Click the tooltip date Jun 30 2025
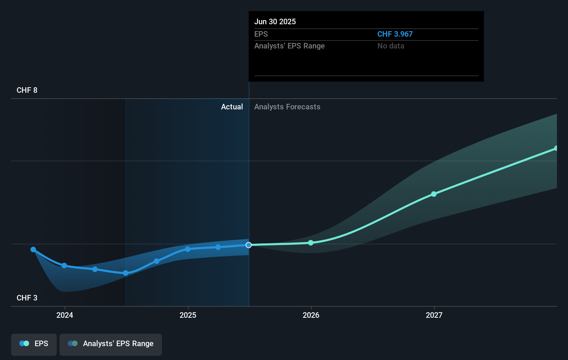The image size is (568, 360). click(x=275, y=21)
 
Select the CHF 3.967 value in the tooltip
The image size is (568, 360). click(x=395, y=34)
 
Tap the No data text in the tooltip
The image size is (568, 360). click(x=391, y=46)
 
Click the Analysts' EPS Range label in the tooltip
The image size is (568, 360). click(x=289, y=46)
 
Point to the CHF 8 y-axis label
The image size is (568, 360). click(x=27, y=90)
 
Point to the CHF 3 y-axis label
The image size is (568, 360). click(x=27, y=298)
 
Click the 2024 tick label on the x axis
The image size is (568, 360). click(x=65, y=315)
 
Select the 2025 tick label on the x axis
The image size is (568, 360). click(x=188, y=315)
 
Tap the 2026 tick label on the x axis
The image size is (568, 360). click(x=311, y=315)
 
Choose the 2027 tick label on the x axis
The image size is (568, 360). click(x=434, y=315)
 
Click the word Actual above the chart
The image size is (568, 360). click(x=232, y=107)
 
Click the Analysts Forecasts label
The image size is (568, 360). click(x=287, y=107)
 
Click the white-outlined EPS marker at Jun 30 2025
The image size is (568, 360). click(x=249, y=245)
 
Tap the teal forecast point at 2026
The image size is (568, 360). click(x=311, y=243)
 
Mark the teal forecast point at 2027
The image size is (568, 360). click(x=434, y=194)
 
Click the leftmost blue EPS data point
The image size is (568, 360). click(x=33, y=250)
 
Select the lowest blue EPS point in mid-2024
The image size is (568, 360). click(x=126, y=273)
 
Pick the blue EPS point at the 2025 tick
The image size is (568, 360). click(x=187, y=249)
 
